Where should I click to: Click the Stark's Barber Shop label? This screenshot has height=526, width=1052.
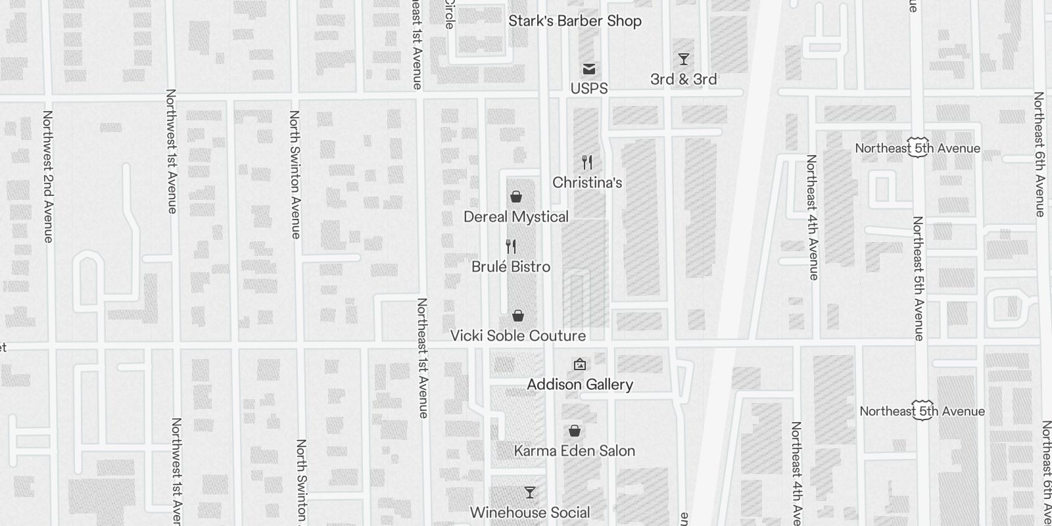click(x=575, y=21)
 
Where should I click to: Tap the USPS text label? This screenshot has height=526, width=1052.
click(x=589, y=88)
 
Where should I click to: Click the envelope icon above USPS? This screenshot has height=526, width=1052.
click(x=589, y=69)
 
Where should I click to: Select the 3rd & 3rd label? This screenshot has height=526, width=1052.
click(x=683, y=80)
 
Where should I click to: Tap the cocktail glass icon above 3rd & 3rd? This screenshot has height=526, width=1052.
click(x=684, y=59)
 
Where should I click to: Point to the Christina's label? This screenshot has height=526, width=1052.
click(x=587, y=183)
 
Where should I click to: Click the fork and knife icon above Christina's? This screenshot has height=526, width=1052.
click(x=587, y=162)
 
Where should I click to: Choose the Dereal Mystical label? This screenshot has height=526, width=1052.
click(x=516, y=217)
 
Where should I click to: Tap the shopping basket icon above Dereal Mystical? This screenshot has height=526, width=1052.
click(x=516, y=197)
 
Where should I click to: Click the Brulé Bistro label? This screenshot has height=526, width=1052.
click(x=511, y=267)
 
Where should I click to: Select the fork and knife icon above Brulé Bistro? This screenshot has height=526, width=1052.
click(x=511, y=247)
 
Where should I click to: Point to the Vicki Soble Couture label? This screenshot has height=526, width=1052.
click(x=517, y=336)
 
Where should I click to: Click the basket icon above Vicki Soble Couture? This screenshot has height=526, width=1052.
click(x=518, y=316)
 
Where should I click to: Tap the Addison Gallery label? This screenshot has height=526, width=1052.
click(x=580, y=385)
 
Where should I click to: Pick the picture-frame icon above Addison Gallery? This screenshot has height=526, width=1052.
click(x=580, y=364)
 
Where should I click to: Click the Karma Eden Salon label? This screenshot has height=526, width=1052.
click(x=575, y=451)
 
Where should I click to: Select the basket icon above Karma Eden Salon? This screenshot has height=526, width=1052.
click(x=575, y=431)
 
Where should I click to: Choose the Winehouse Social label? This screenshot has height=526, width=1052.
click(x=530, y=512)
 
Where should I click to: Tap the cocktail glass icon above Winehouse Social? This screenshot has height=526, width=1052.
click(x=530, y=492)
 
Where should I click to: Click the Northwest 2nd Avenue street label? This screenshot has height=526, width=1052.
click(x=48, y=176)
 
